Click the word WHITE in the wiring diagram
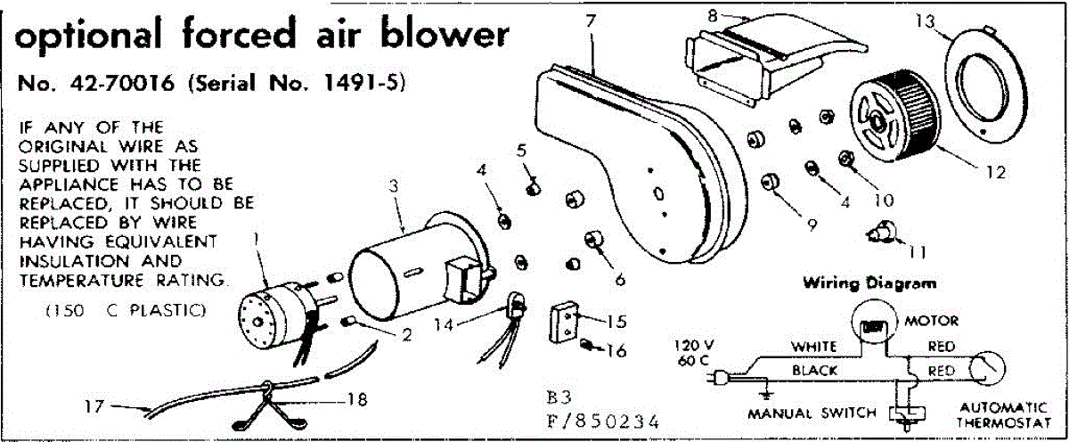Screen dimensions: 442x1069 pyautogui.click(x=811, y=346)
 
